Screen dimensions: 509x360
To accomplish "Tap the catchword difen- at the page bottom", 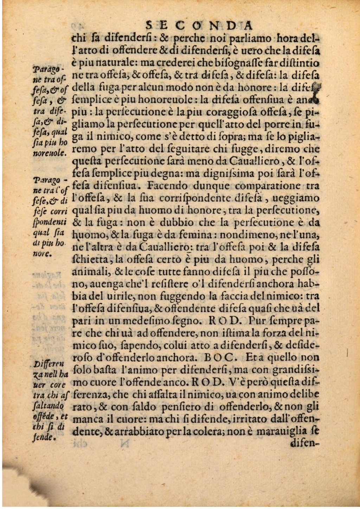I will (x=304, y=443).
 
